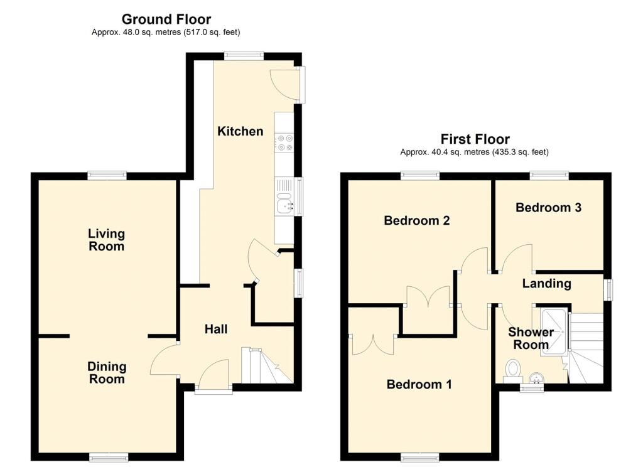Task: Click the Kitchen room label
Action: pyautogui.click(x=240, y=131)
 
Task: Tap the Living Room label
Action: pyautogui.click(x=107, y=240)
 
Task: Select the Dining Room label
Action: pyautogui.click(x=107, y=373)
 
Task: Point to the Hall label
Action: pyautogui.click(x=216, y=330)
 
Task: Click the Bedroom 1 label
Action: pyautogui.click(x=419, y=384)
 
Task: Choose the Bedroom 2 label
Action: pyautogui.click(x=417, y=220)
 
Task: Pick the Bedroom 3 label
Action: pyautogui.click(x=548, y=208)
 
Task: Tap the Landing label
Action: pyautogui.click(x=547, y=283)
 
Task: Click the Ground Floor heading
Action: pyautogui.click(x=166, y=19)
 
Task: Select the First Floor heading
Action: pyautogui.click(x=475, y=139)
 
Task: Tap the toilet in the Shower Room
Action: pyautogui.click(x=512, y=370)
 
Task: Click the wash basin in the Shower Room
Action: pyautogui.click(x=536, y=378)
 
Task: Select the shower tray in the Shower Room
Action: pyautogui.click(x=554, y=332)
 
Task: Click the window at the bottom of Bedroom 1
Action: pyautogui.click(x=420, y=457)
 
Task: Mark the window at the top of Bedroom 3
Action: pyautogui.click(x=549, y=176)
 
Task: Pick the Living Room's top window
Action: pyautogui.click(x=107, y=176)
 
